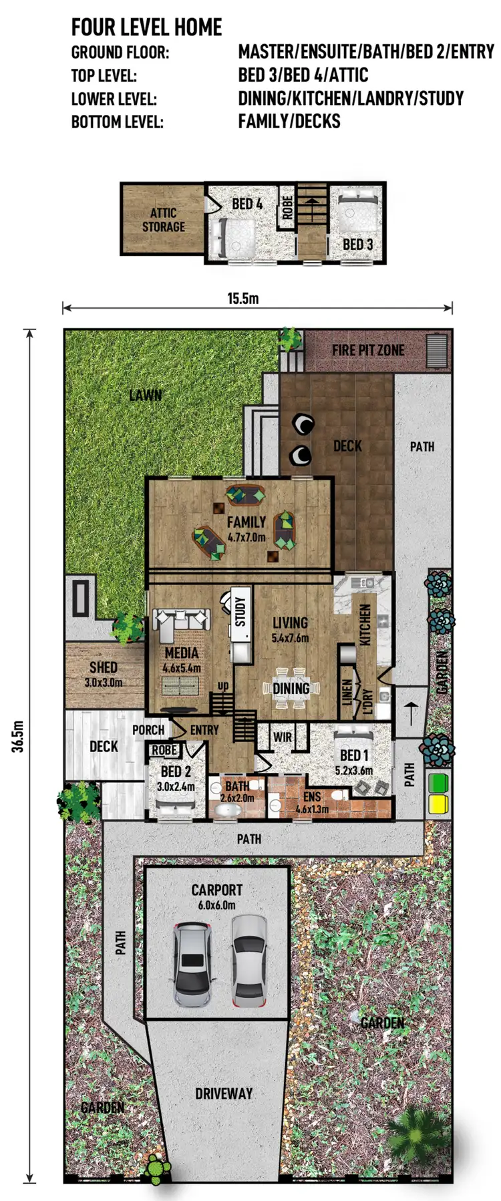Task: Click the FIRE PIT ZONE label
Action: pos(368,350)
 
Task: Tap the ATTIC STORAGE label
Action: pos(163,220)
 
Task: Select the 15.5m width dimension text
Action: pos(242,299)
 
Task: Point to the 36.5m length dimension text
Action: pos(18,736)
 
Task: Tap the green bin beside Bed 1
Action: pos(438,783)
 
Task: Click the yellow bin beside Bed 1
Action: pos(438,803)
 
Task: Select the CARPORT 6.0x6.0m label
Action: pos(216,896)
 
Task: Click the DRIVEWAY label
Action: pos(224,1093)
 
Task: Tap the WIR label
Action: pos(283,737)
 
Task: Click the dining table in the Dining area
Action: pos(291,689)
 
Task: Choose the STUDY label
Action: pos(240,611)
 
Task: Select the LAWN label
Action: pos(146,395)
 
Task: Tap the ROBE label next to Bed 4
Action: pos(287,207)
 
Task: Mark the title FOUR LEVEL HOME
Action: pos(147,27)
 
